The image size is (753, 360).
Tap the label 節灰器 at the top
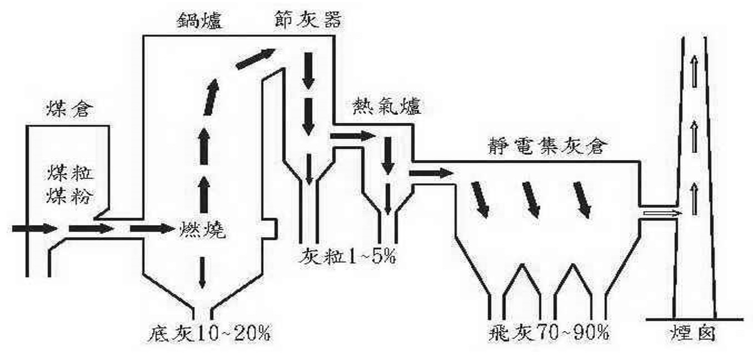[x=308, y=19]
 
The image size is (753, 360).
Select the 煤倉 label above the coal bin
[x=69, y=109]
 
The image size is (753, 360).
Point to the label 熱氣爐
[x=387, y=107]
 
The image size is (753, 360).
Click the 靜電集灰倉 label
[x=547, y=146]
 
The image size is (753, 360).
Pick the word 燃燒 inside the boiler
[x=202, y=229]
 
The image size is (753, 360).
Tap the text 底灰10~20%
[x=209, y=333]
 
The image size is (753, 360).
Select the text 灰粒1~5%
[x=347, y=257]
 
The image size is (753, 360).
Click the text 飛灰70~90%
[x=548, y=333]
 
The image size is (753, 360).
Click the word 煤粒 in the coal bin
[x=70, y=173]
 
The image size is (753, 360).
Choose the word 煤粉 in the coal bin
[x=70, y=196]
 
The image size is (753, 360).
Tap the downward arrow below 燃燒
[x=202, y=272]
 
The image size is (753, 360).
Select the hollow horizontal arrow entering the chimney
[x=662, y=213]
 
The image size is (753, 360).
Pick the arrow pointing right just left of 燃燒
[x=152, y=228]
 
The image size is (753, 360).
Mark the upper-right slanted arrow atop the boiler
[x=256, y=58]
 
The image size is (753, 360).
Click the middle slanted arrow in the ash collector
[x=532, y=199]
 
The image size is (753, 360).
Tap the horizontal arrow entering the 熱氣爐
[x=353, y=136]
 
